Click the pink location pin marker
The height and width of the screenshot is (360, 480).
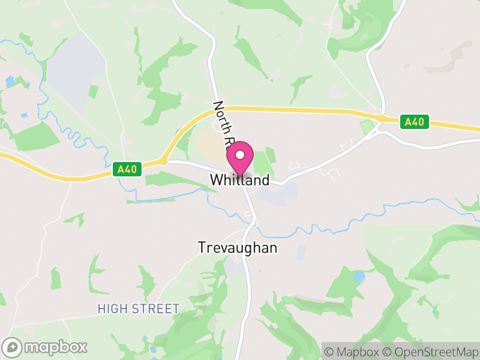[x=240, y=159]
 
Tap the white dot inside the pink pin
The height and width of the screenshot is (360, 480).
[x=240, y=155]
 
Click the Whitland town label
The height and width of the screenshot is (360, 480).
[x=240, y=180]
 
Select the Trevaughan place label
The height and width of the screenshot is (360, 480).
[x=238, y=248]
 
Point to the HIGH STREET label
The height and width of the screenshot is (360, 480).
[x=139, y=309]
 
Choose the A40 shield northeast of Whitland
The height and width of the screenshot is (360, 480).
[x=415, y=122]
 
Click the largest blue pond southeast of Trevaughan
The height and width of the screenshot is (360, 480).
[x=359, y=277]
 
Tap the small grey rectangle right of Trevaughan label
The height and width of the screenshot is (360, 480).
[x=301, y=253]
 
